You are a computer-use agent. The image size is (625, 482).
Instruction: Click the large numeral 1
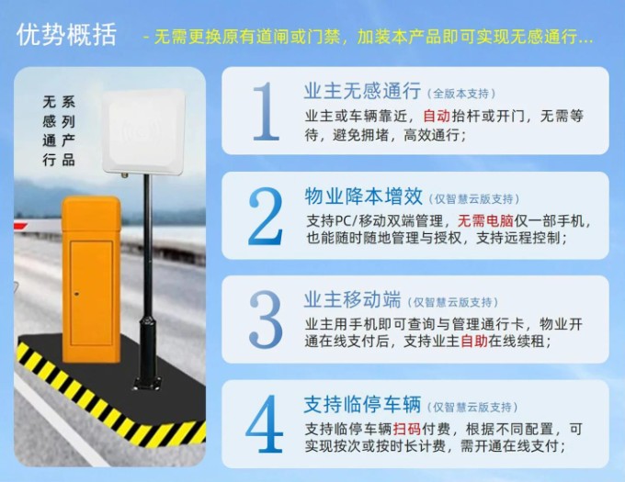point(266,111)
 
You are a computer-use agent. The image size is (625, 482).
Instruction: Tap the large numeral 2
point(266,216)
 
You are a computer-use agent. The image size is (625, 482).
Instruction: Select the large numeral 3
point(266,319)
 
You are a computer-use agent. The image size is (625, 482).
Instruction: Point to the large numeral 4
point(265,423)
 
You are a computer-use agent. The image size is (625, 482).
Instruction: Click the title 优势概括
point(66,35)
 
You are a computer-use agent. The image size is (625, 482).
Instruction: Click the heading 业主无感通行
point(362,91)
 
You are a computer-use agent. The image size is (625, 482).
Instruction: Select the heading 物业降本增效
point(363,196)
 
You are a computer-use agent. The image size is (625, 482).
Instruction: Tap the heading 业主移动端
point(352,299)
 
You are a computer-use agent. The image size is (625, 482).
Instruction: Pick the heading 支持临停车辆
point(362,405)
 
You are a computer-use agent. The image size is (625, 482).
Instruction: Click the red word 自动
point(437,117)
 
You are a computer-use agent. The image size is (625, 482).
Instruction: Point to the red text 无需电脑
point(485,220)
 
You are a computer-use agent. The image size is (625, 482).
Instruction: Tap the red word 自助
point(474,342)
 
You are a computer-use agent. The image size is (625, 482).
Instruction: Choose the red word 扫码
point(407,429)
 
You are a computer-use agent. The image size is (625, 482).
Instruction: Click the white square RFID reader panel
point(143,131)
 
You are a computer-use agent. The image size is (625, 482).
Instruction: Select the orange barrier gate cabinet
point(91,279)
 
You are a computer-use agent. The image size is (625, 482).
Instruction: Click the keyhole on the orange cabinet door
point(76,294)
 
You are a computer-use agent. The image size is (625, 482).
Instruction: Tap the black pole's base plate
point(148,384)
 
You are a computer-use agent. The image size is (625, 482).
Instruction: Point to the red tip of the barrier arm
point(21,227)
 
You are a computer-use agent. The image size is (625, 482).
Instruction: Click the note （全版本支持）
point(461,94)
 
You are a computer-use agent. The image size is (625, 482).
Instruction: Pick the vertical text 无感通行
point(49,131)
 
